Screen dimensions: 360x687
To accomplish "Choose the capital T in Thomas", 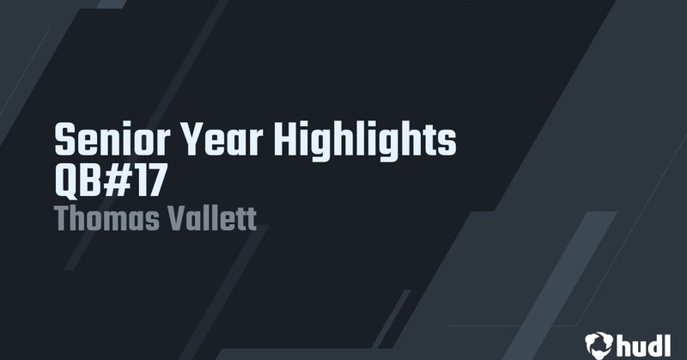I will coord(63,217).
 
